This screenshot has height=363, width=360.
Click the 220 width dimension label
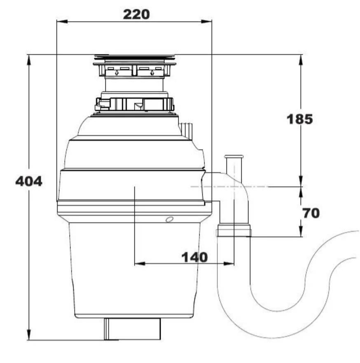(136, 14)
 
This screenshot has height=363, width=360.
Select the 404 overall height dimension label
(28, 181)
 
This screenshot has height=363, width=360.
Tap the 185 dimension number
(299, 119)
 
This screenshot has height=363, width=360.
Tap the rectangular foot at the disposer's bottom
(132, 328)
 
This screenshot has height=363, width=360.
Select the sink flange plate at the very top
(135, 56)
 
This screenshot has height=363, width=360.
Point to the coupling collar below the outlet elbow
(233, 230)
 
